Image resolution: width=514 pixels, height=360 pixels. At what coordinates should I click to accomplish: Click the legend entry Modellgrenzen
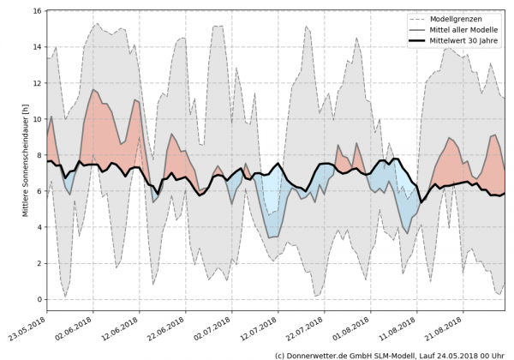point(453,18)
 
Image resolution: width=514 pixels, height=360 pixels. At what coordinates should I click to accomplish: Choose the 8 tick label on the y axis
point(39,156)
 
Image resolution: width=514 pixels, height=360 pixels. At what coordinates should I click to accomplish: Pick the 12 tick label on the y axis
point(36,84)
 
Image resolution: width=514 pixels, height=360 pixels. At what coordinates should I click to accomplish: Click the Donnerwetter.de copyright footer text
point(393,354)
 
